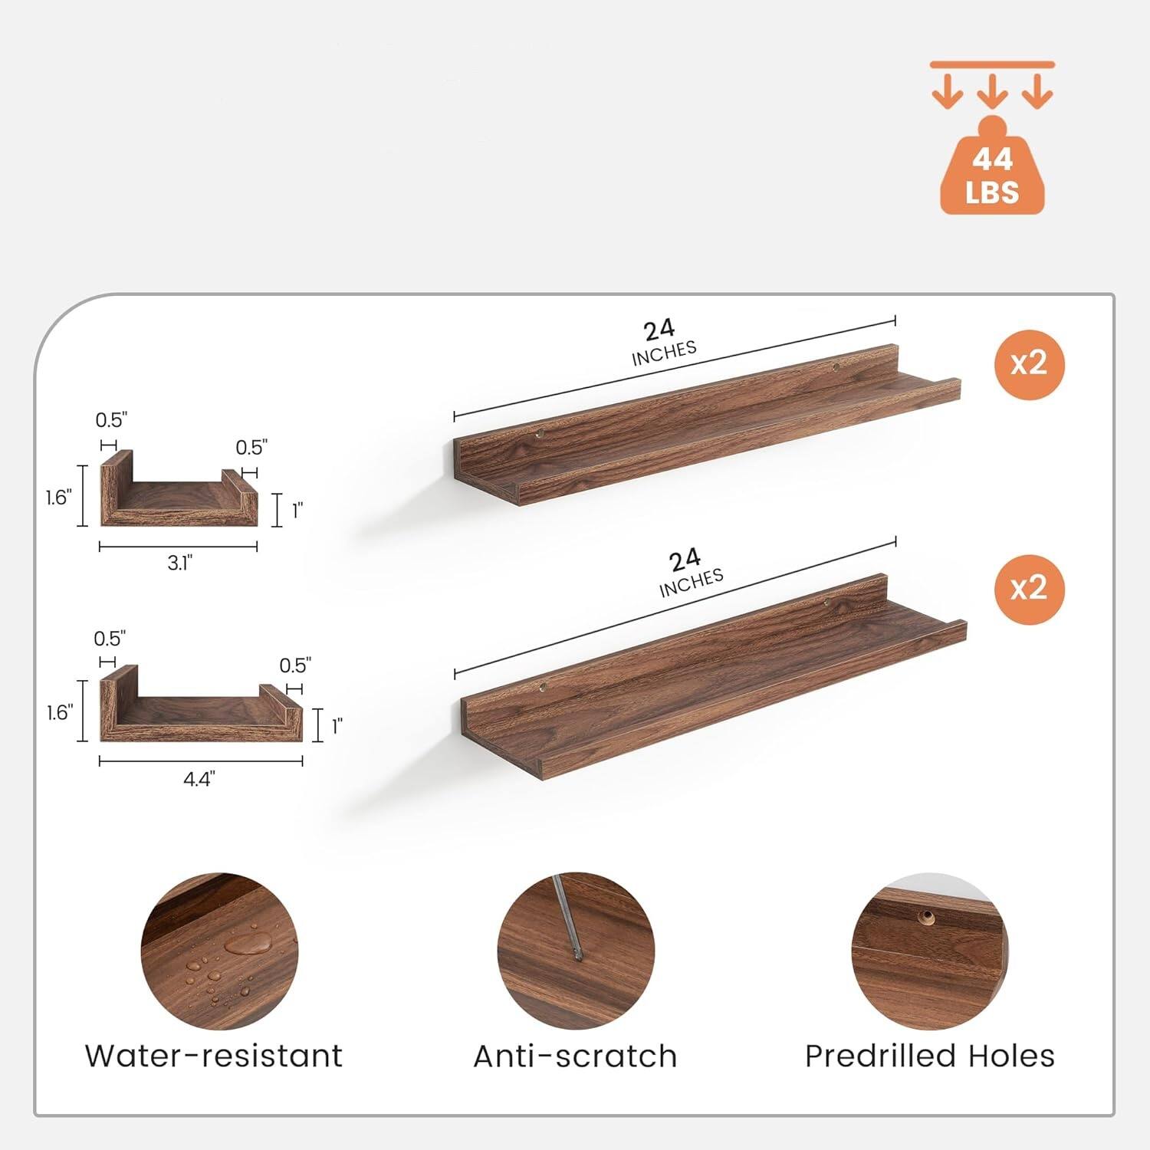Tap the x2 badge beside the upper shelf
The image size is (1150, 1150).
click(1029, 363)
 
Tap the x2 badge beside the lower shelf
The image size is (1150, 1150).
click(1029, 589)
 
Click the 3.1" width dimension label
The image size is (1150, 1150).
click(179, 563)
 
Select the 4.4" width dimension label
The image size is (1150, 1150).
click(199, 780)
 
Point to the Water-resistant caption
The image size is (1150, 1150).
click(213, 1056)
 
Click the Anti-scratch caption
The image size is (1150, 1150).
click(575, 1056)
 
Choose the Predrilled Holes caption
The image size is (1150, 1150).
click(929, 1056)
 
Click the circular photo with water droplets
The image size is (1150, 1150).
click(220, 951)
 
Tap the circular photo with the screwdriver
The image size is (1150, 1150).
click(575, 951)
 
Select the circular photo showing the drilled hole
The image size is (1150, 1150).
click(929, 951)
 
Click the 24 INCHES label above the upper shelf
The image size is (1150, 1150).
click(662, 340)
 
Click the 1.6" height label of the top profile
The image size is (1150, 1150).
click(58, 498)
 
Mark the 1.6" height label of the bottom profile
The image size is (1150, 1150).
click(59, 713)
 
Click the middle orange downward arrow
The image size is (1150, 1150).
click(992, 91)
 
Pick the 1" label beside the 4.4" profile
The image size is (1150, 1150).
click(337, 725)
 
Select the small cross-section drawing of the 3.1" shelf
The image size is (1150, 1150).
click(179, 491)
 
